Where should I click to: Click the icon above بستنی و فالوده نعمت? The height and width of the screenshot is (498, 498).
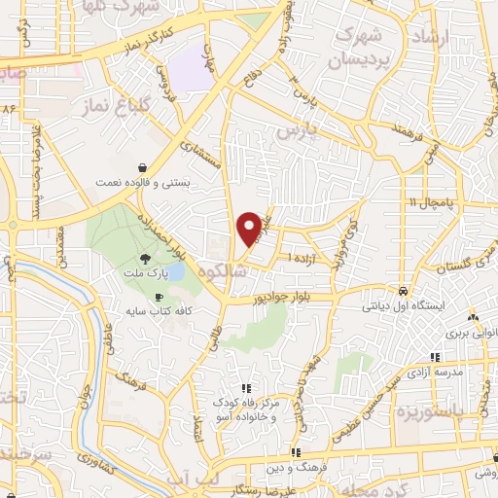click(x=143, y=166)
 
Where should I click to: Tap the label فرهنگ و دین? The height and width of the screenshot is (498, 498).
click(x=295, y=467)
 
